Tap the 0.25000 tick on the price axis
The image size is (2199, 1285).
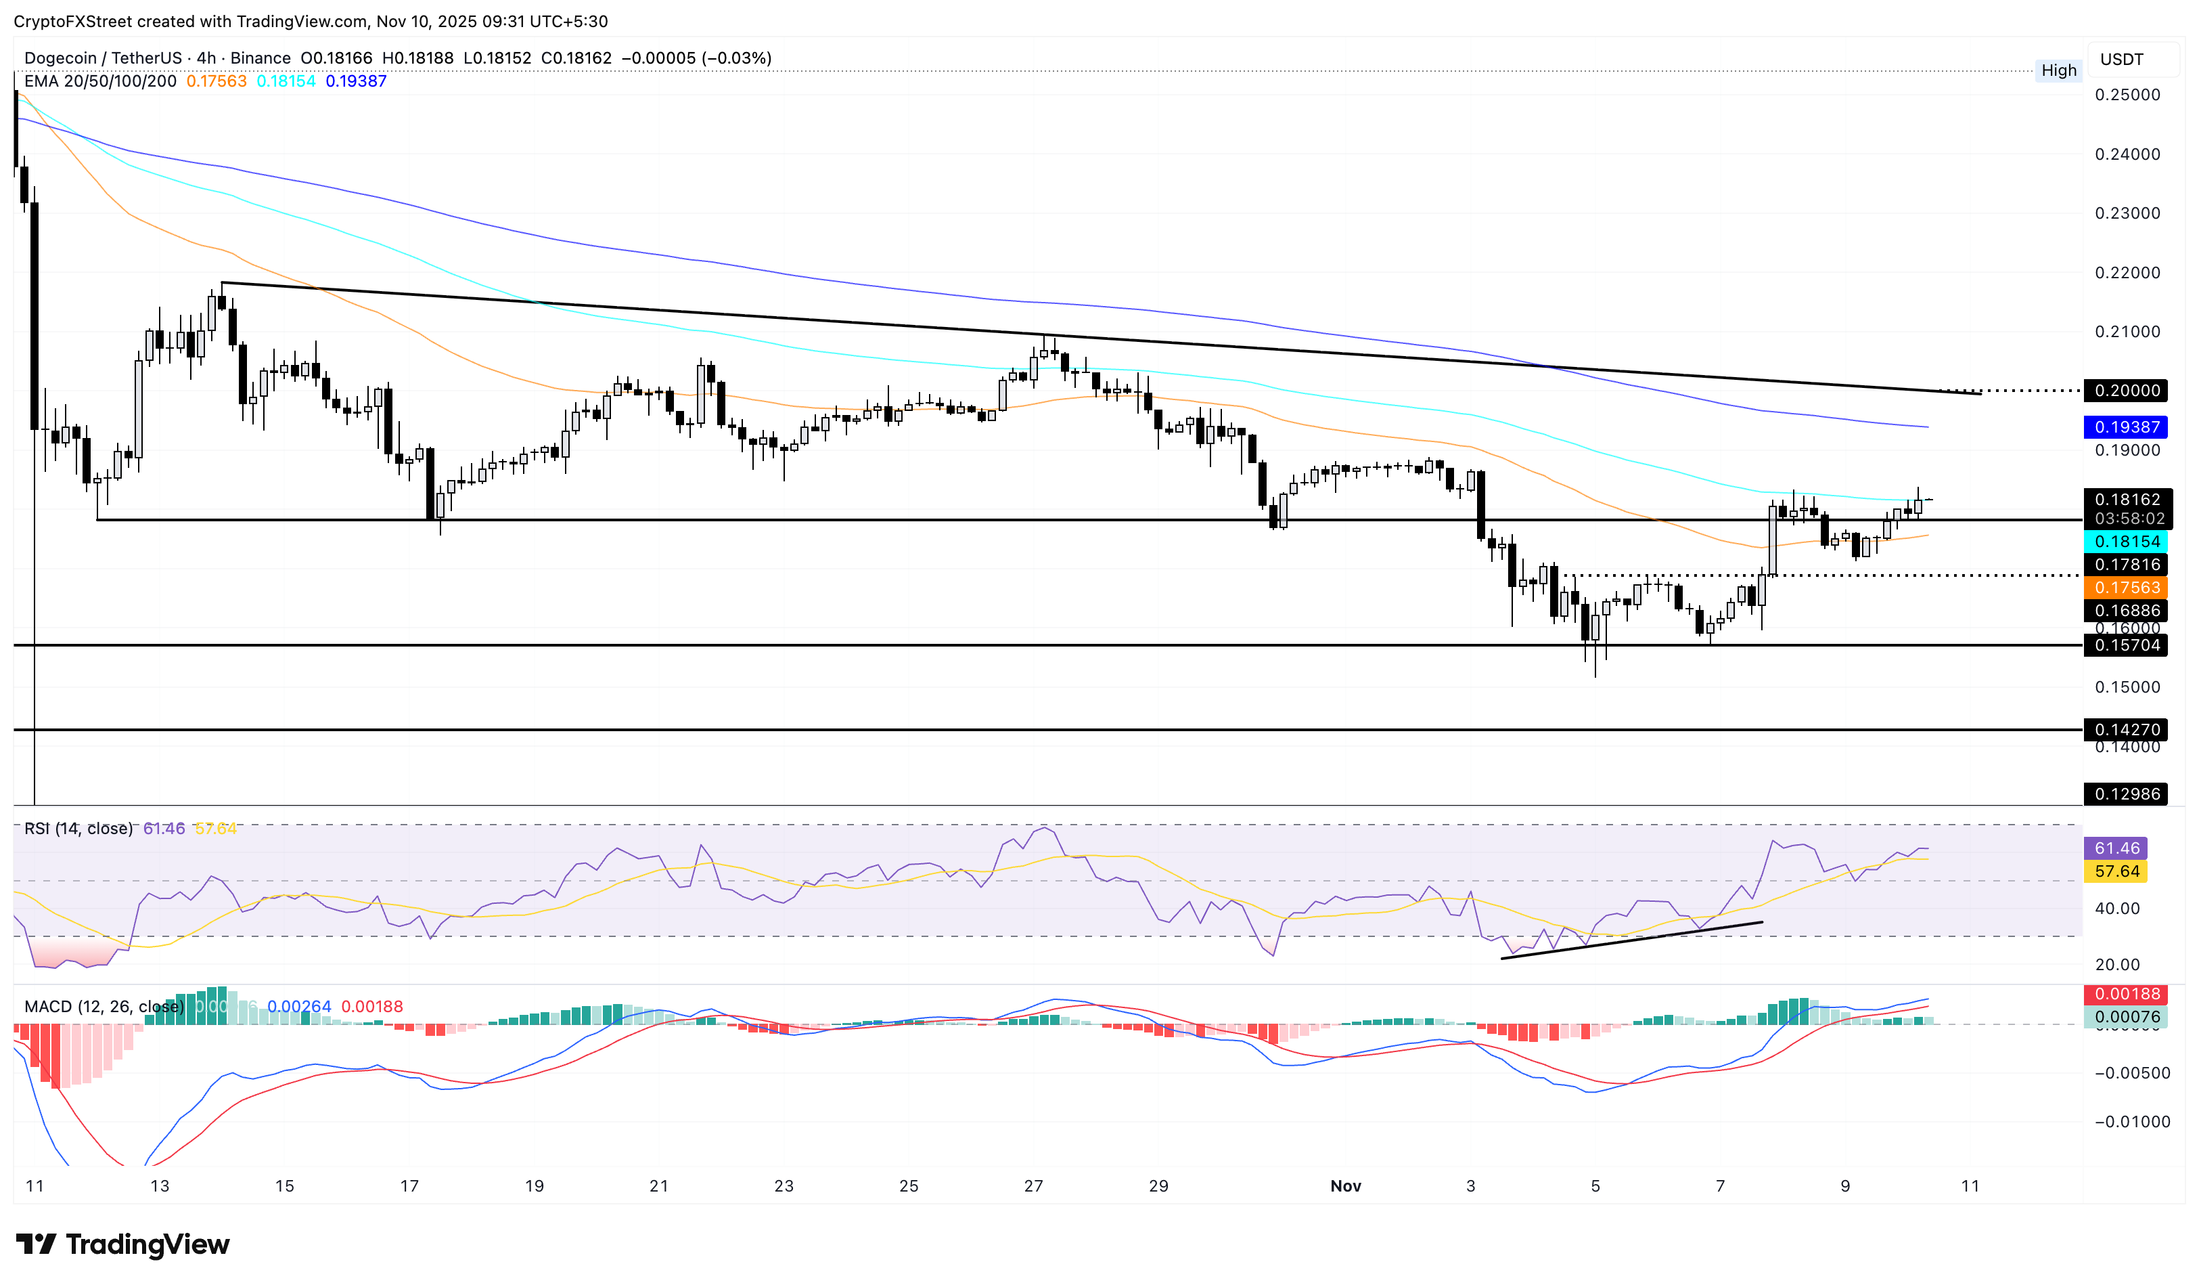pyautogui.click(x=2127, y=94)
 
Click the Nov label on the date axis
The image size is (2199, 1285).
pyautogui.click(x=1344, y=1185)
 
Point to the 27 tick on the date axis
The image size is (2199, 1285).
pyautogui.click(x=1033, y=1185)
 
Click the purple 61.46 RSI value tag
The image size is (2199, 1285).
pyautogui.click(x=2116, y=848)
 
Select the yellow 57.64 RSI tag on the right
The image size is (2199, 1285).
pyautogui.click(x=2116, y=871)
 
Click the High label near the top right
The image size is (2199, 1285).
pyautogui.click(x=2058, y=70)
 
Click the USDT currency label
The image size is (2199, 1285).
pyautogui.click(x=2121, y=60)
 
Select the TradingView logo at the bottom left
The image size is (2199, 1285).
pyautogui.click(x=122, y=1243)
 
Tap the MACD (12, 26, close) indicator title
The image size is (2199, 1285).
pyautogui.click(x=104, y=1007)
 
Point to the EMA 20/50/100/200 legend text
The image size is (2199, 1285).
pyautogui.click(x=99, y=81)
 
